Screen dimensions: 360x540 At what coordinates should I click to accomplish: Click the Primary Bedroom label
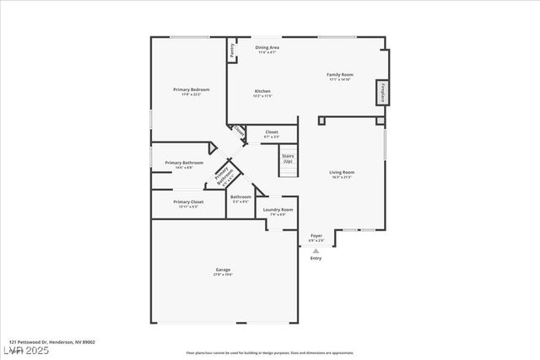pos(191,89)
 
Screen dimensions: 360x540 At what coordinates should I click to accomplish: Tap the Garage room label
pos(223,270)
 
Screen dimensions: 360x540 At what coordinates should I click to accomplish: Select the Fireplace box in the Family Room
pos(382,93)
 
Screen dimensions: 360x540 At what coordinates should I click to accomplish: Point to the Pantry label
pos(230,51)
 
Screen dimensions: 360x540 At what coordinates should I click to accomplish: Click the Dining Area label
pos(267,48)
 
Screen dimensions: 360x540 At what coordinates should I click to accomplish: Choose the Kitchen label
pos(262,91)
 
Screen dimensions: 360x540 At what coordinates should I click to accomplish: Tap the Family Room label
pos(340,74)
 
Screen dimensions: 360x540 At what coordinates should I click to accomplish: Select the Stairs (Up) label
pos(288,158)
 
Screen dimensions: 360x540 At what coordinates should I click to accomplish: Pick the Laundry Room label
pos(278,210)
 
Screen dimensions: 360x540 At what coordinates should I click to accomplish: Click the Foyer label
pos(316,236)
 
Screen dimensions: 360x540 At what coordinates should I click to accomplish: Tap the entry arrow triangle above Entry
pos(316,250)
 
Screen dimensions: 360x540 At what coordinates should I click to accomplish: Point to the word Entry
pos(316,258)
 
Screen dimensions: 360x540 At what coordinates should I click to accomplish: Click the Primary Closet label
pos(188,202)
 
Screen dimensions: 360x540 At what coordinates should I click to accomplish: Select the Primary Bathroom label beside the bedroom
pos(184,163)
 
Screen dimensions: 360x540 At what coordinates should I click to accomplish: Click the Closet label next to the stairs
pos(272,132)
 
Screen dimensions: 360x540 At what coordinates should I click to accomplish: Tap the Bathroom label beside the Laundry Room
pos(240,197)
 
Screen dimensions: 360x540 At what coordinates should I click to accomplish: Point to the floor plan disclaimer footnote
pos(270,352)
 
